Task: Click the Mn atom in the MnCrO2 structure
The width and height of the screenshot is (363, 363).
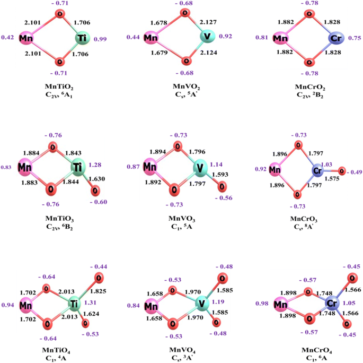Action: click(x=278, y=39)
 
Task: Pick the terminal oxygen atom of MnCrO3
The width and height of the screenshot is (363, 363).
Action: click(x=342, y=171)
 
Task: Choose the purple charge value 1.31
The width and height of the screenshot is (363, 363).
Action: click(x=91, y=303)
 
